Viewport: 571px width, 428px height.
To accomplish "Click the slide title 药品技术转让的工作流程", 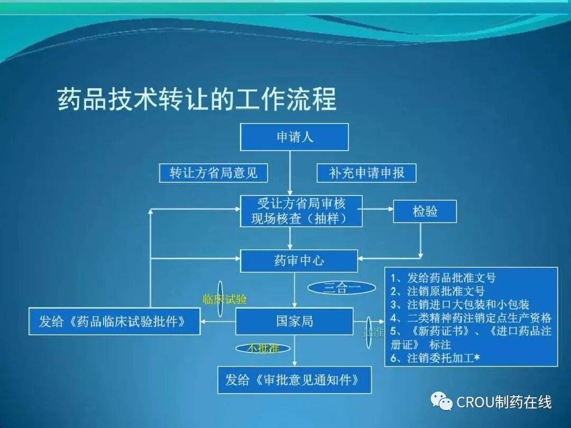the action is (197, 99).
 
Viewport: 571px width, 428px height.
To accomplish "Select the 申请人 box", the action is (294, 137).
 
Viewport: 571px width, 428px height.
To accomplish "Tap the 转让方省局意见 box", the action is (213, 173).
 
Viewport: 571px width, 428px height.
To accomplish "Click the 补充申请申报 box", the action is (366, 173).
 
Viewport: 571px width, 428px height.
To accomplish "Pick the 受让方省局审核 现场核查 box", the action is (301, 211).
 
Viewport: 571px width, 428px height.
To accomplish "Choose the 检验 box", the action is (425, 211).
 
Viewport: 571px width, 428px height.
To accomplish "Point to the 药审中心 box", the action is (299, 261).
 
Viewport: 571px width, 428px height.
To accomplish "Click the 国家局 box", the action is (294, 321).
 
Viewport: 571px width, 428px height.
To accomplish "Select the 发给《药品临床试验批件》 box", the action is (114, 321).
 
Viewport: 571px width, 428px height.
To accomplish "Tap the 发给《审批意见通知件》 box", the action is (294, 380).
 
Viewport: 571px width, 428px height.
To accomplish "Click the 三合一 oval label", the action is (342, 288).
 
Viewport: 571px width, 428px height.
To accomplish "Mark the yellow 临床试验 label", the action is (225, 300).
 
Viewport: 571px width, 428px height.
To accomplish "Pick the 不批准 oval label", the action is (263, 348).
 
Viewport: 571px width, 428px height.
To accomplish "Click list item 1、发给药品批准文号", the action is (443, 277).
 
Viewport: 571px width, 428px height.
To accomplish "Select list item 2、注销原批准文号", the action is (437, 291).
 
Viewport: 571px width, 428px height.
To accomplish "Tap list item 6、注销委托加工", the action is (435, 358).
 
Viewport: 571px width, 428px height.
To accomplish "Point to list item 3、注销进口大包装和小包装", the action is (459, 304).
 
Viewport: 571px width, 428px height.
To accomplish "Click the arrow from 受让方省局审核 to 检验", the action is (377, 209).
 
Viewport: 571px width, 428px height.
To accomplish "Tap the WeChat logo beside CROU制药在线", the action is (441, 402).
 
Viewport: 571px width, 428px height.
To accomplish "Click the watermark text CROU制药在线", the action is (504, 403).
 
